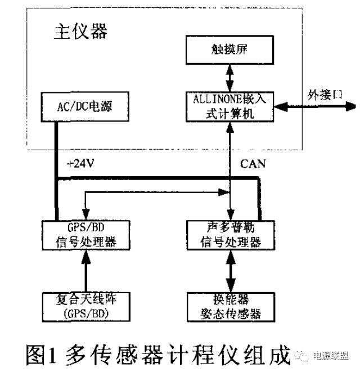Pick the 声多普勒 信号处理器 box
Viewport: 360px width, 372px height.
pyautogui.click(x=231, y=235)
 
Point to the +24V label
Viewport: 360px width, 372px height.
pyautogui.click(x=81, y=164)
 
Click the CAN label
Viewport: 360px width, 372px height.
pyautogui.click(x=254, y=164)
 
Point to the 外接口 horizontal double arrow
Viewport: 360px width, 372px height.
pyautogui.click(x=315, y=105)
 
